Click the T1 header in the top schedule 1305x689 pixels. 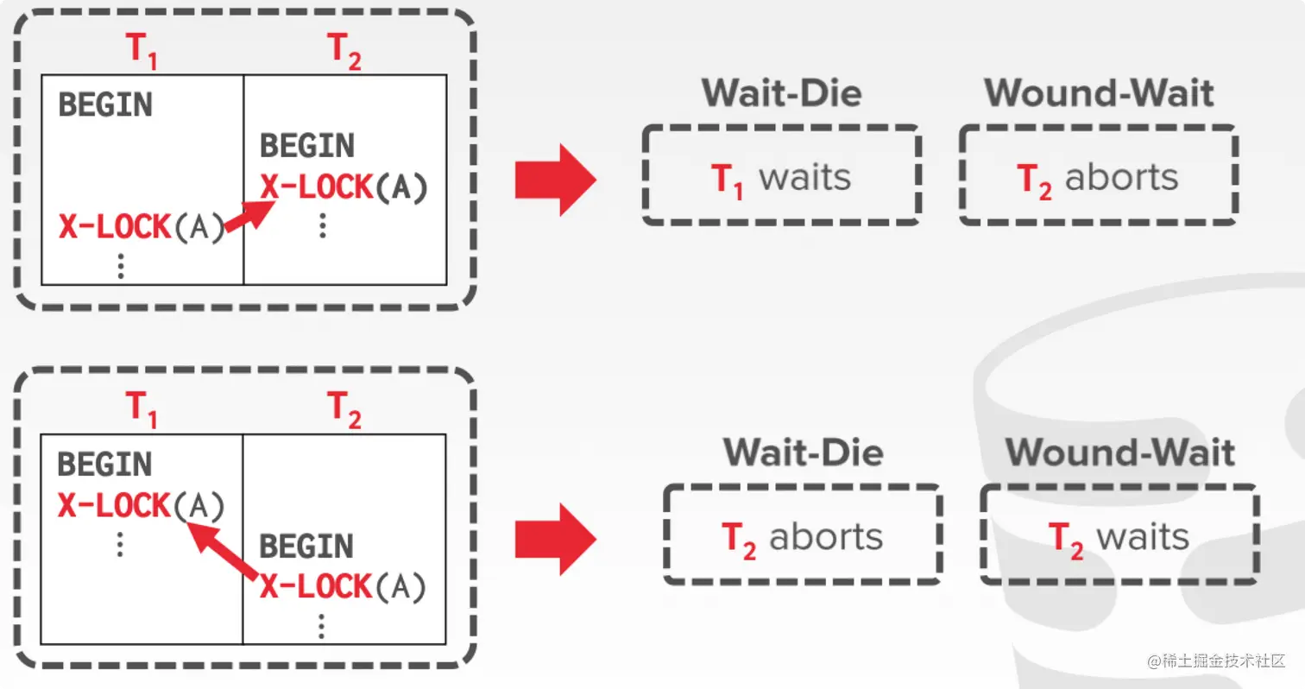coord(142,52)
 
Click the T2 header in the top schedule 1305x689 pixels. coord(344,52)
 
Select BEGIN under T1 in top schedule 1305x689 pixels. coord(105,106)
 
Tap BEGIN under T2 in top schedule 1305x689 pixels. coord(307,146)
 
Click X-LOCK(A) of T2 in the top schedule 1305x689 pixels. coord(344,187)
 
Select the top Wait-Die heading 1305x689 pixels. coord(781,93)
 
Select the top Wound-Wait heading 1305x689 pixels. coord(1099,93)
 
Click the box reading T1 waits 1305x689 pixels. coord(781,177)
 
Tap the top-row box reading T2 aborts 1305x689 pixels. coord(1098,177)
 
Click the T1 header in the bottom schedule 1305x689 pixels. coord(142,411)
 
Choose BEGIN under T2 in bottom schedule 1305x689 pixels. coord(307,547)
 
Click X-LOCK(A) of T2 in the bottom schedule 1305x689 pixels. coord(344,587)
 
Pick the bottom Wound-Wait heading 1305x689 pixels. coord(1119,452)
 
